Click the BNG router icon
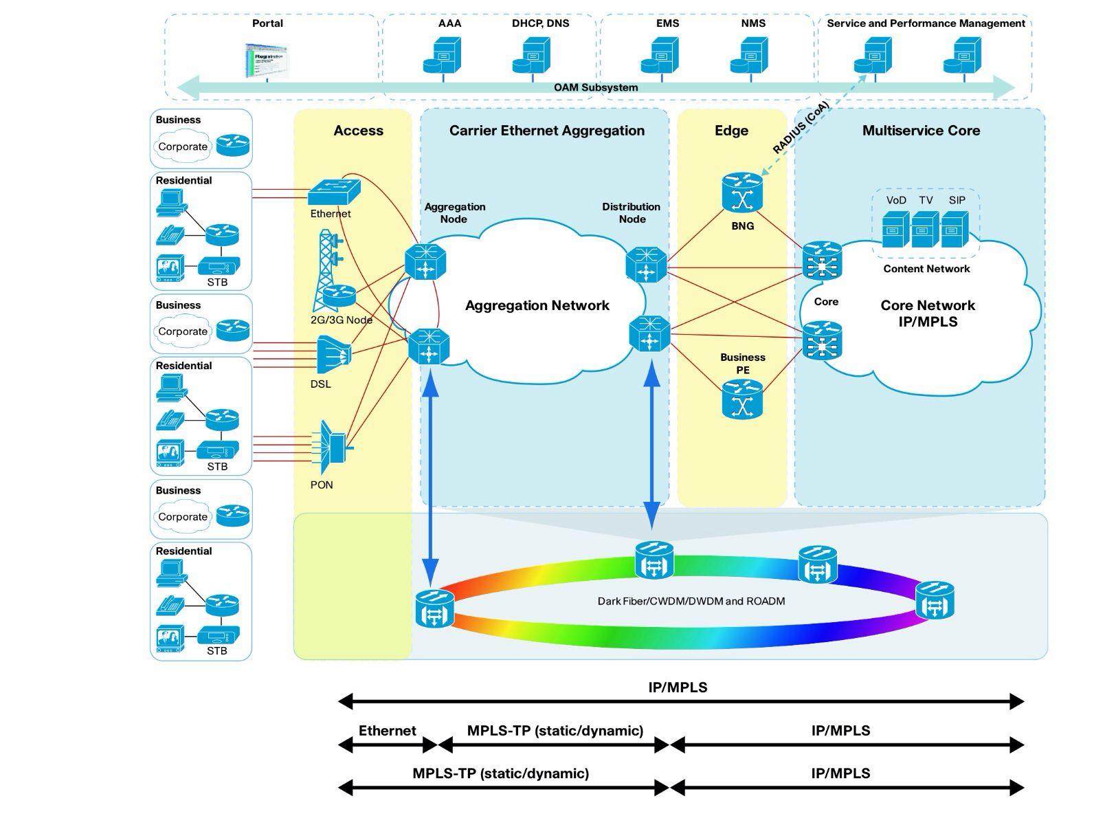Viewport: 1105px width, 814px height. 742,193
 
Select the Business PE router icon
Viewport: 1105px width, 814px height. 742,400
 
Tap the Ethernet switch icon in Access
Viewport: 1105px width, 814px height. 334,191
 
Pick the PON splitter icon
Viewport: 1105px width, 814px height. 333,441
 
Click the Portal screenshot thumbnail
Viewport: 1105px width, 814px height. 267,60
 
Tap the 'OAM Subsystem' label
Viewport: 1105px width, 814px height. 596,87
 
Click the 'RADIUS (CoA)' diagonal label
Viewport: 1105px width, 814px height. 801,128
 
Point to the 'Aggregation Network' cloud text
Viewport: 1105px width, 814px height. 537,305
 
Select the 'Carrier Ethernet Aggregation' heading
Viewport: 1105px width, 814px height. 547,131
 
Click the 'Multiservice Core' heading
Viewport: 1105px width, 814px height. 921,131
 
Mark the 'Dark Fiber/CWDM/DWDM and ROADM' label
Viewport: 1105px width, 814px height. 691,601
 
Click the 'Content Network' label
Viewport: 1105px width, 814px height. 926,269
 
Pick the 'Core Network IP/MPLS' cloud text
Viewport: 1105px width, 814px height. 928,313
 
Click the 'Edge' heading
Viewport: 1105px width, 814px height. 731,131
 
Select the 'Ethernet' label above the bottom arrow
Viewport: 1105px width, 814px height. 387,731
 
